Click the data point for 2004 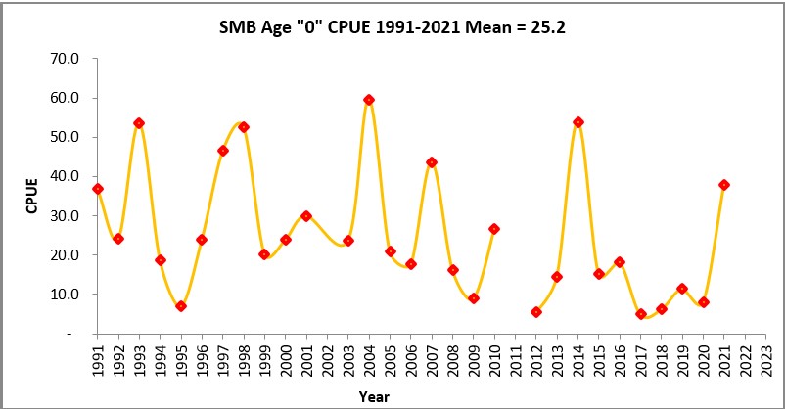tap(369, 100)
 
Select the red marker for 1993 tap(139, 123)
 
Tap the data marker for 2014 tap(577, 122)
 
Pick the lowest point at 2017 tap(641, 314)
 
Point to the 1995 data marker tap(181, 306)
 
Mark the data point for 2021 tap(724, 185)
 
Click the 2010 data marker tap(494, 229)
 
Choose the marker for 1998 tap(244, 127)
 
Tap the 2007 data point tap(432, 162)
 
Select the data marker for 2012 tap(536, 312)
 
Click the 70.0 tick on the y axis tap(66, 59)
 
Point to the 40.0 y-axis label tap(66, 176)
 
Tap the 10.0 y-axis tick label tap(66, 294)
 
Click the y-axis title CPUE tap(32, 196)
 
